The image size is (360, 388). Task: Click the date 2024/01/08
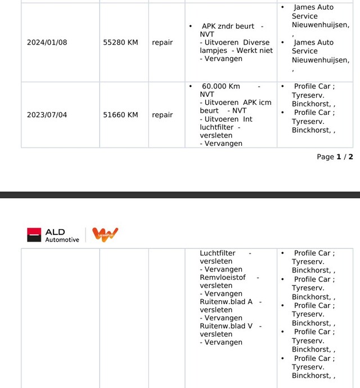coord(47,42)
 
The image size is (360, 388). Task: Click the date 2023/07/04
coord(47,115)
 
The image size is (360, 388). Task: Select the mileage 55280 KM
coord(120,42)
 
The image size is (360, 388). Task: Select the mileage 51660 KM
coord(120,115)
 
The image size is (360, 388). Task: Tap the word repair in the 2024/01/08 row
coord(162,42)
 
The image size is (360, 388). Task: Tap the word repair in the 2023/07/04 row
coord(162,115)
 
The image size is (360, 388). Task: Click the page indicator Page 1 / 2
coord(335,157)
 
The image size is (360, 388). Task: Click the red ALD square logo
coord(34,235)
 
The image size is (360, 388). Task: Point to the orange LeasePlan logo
coord(105,235)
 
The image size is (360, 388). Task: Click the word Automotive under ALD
coord(62,240)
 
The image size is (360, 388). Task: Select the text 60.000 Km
coord(220,86)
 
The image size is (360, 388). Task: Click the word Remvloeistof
coord(223,278)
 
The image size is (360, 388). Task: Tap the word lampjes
coord(213,51)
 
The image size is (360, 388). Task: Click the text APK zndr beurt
coord(228,26)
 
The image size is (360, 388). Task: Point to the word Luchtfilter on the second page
coord(218,253)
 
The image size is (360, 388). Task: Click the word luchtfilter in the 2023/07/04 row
coord(217,127)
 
